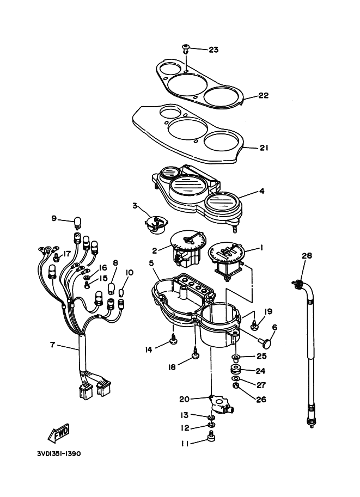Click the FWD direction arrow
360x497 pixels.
pyautogui.click(x=59, y=433)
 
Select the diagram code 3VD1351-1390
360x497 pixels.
pyautogui.click(x=59, y=454)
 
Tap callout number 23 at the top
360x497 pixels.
pyautogui.click(x=213, y=50)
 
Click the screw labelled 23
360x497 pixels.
pyautogui.click(x=186, y=49)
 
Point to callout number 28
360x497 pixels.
pyautogui.click(x=307, y=255)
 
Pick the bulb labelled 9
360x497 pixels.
pyautogui.click(x=77, y=222)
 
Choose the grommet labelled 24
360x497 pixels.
pyautogui.click(x=235, y=370)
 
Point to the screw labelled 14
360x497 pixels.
pyautogui.click(x=174, y=339)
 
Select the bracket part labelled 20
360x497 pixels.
pyautogui.click(x=221, y=404)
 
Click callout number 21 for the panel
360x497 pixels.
pyautogui.click(x=264, y=148)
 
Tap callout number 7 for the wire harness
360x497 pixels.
pyautogui.click(x=52, y=345)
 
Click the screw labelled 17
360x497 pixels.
pyautogui.click(x=57, y=257)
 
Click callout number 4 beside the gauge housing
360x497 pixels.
pyautogui.click(x=261, y=191)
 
